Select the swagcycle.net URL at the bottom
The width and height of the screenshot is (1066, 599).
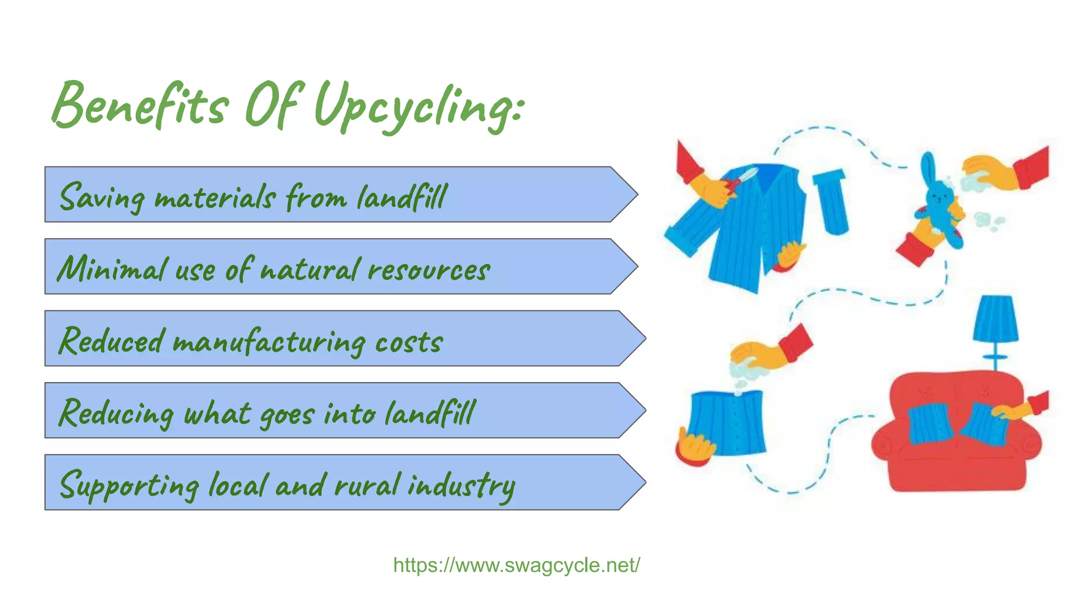516,565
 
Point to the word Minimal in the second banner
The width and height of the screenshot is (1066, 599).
112,269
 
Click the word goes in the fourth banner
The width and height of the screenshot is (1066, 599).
286,414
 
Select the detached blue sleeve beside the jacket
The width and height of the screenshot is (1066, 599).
831,201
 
